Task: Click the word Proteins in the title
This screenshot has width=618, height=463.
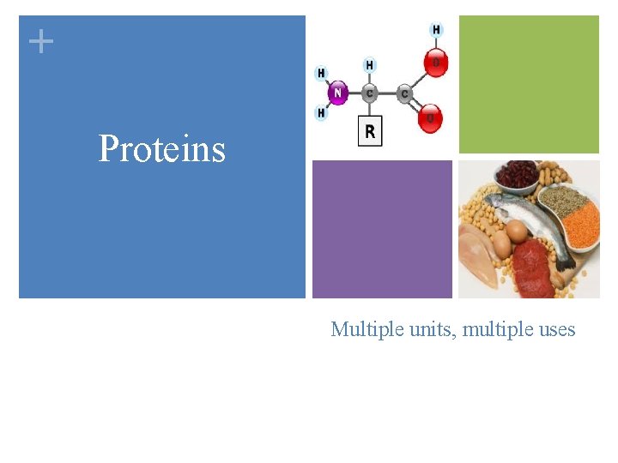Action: click(x=161, y=148)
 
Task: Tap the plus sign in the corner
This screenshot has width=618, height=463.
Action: click(x=40, y=40)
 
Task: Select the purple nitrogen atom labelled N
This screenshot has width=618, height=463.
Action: click(x=338, y=93)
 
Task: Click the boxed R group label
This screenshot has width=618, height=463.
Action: click(x=369, y=132)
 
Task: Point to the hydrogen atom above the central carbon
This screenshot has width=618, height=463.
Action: click(x=369, y=65)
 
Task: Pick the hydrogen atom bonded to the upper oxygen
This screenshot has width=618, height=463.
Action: click(x=437, y=30)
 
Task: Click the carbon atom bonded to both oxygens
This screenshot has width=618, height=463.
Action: click(x=404, y=93)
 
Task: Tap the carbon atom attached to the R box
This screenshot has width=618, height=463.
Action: click(x=369, y=93)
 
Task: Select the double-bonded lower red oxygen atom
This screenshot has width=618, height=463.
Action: click(x=430, y=118)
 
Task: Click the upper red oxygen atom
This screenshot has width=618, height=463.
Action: click(x=436, y=63)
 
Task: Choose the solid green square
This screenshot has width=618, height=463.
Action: click(x=529, y=84)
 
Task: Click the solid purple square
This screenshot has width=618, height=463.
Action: click(x=382, y=229)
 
